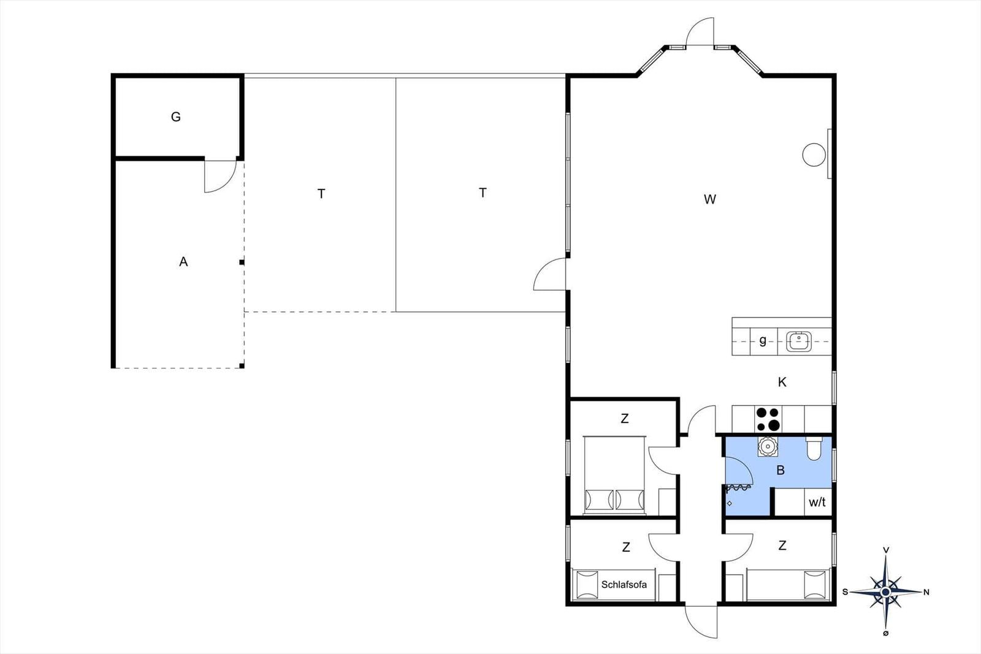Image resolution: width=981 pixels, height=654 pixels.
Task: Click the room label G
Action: (175, 117)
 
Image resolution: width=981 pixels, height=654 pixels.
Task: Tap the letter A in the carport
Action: (183, 262)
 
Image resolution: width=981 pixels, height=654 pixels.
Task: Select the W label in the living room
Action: (710, 200)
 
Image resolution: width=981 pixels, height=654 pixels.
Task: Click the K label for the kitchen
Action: (782, 382)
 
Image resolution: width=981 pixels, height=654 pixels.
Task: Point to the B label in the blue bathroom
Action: (781, 471)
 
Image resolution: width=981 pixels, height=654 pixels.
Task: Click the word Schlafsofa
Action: (624, 585)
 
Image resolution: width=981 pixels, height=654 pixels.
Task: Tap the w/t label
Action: (817, 502)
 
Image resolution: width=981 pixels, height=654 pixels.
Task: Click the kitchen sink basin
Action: (799, 341)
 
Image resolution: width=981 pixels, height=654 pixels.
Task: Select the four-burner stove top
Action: (768, 419)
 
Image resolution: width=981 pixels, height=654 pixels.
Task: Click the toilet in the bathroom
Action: (814, 449)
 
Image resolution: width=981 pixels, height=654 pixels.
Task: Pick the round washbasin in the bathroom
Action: (768, 446)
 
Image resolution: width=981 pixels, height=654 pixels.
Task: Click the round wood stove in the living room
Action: (814, 155)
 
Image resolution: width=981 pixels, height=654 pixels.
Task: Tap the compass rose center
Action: (885, 592)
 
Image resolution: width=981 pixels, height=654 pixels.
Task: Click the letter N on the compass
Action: (926, 592)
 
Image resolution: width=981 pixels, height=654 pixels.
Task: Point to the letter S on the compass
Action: (845, 592)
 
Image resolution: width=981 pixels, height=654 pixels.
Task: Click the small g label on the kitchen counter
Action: (763, 341)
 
